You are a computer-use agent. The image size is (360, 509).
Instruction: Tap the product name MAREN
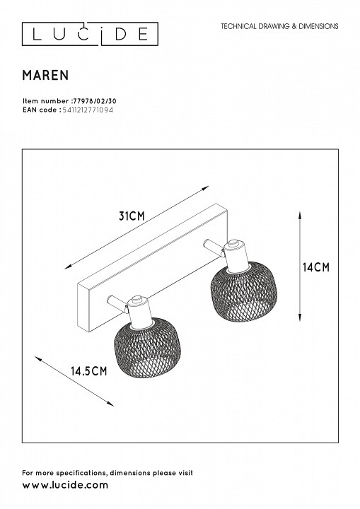click(45, 76)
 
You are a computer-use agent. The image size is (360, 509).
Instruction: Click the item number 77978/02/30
click(93, 101)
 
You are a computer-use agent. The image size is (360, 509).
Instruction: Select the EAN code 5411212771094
click(88, 110)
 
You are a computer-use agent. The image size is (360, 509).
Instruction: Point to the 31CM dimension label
click(132, 216)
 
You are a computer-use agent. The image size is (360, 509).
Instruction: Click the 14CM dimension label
click(316, 267)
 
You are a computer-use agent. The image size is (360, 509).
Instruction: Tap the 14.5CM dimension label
click(89, 370)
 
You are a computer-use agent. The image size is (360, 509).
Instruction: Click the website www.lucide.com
click(65, 485)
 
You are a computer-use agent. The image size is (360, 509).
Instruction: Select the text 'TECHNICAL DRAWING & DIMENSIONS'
click(279, 26)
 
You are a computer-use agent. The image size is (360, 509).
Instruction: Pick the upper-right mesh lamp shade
click(244, 291)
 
